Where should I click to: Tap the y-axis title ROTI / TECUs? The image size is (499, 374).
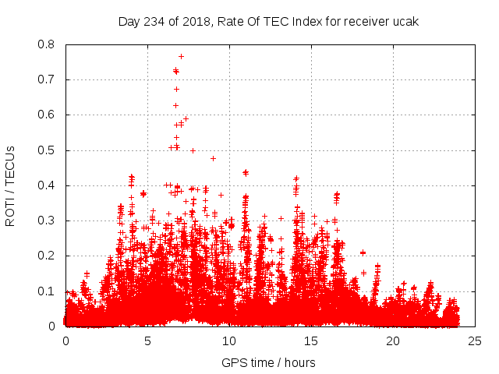tap(10, 185)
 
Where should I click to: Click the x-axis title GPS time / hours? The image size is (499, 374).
tap(268, 362)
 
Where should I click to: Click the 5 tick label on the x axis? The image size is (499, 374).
tap(147, 341)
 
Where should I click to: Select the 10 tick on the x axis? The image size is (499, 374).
tap(229, 341)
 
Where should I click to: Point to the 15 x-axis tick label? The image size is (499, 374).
tap(311, 341)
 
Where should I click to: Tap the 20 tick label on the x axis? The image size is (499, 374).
tap(393, 341)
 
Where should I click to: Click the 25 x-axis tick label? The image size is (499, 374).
tap(475, 341)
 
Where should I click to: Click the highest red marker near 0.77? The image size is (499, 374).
tap(181, 56)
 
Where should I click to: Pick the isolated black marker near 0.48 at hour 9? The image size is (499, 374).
tap(213, 158)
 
